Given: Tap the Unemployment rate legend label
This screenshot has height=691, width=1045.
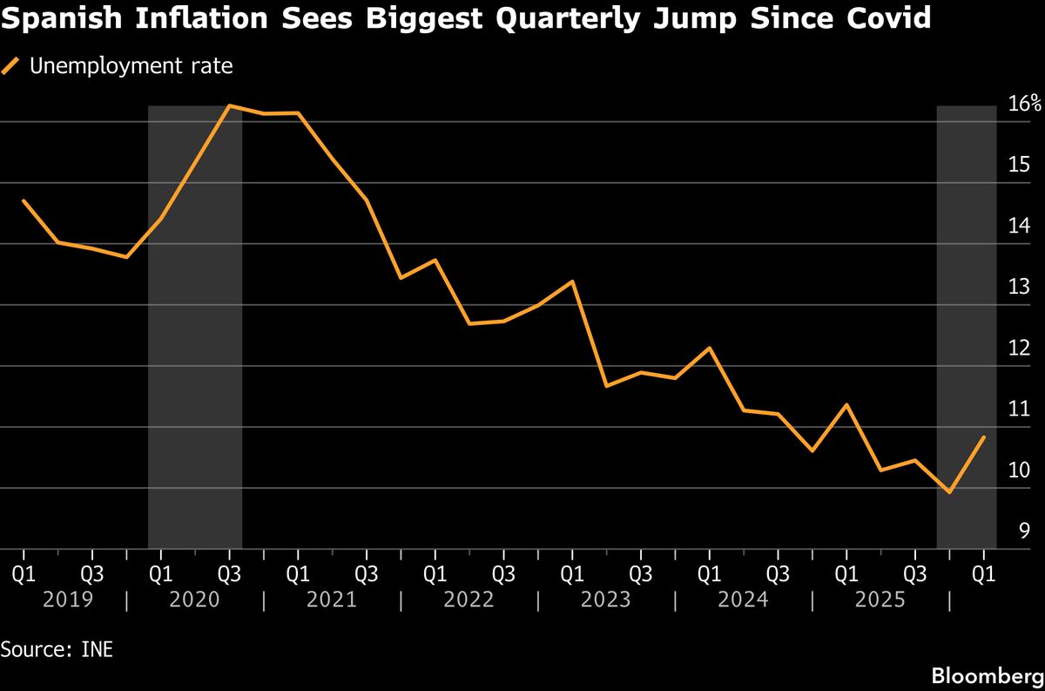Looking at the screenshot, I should [131, 66].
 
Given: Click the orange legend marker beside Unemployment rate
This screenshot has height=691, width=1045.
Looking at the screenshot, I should [11, 66].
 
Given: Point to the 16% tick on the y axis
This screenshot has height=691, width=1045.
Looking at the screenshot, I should [1024, 104].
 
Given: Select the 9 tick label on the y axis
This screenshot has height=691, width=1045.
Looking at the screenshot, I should [1025, 531].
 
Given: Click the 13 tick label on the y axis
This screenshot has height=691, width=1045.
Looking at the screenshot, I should [1020, 287].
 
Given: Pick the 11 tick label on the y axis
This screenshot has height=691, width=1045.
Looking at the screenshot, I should [1020, 409].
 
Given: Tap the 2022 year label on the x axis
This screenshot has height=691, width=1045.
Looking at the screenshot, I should [469, 600].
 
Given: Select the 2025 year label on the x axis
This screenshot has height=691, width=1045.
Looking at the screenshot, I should [880, 600].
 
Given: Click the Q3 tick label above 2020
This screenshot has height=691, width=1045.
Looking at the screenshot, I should [229, 574].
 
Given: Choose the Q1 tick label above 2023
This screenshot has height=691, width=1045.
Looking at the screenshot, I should [571, 574].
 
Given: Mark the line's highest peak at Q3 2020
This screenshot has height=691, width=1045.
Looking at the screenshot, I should [229, 106].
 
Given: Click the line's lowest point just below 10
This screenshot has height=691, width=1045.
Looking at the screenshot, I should [949, 492].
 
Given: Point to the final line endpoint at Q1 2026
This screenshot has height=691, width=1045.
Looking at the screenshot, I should [984, 437].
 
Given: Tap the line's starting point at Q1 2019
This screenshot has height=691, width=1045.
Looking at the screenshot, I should [24, 201].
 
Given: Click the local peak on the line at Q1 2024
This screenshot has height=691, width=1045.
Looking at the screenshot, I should [709, 349].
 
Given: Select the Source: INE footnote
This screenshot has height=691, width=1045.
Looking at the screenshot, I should [57, 649].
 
